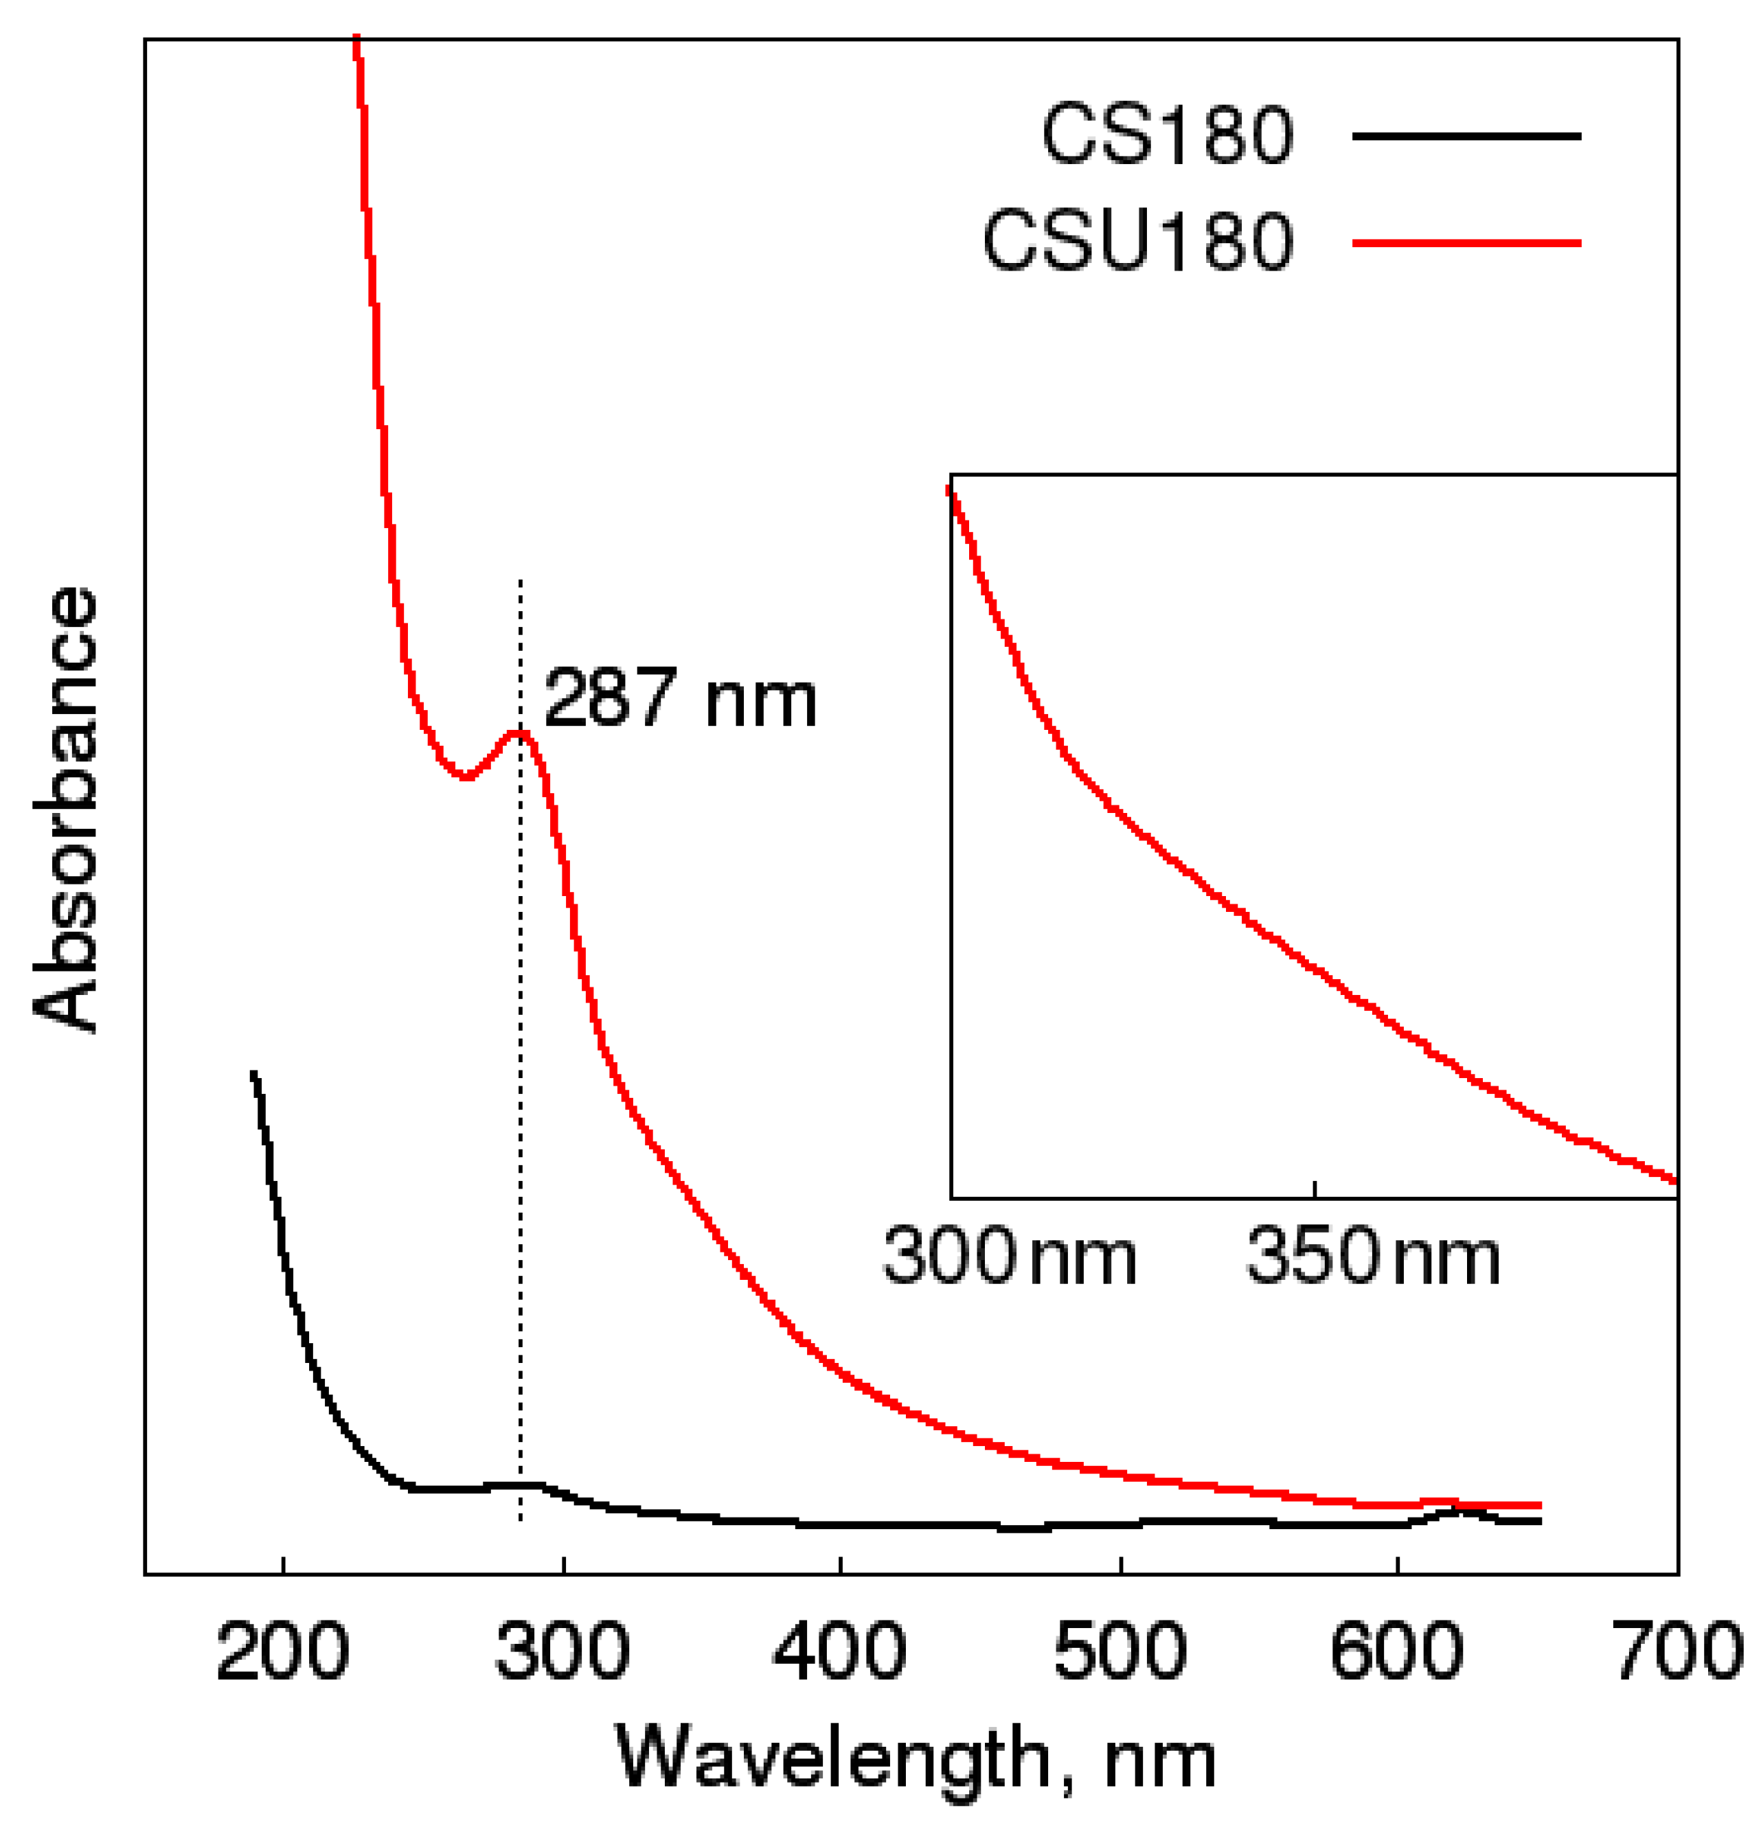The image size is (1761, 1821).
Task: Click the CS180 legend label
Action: pyautogui.click(x=1166, y=137)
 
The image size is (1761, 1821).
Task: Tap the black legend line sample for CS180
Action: pyautogui.click(x=1466, y=137)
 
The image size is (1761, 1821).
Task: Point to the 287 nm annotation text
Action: pyautogui.click(x=679, y=700)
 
